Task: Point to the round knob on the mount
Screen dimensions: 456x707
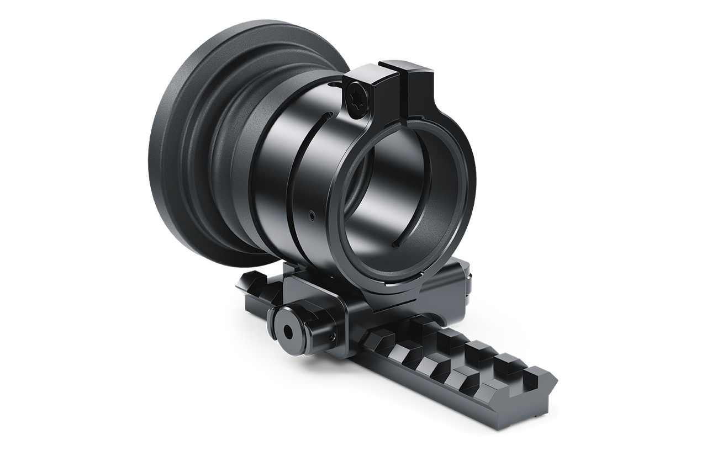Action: pyautogui.click(x=288, y=330)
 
